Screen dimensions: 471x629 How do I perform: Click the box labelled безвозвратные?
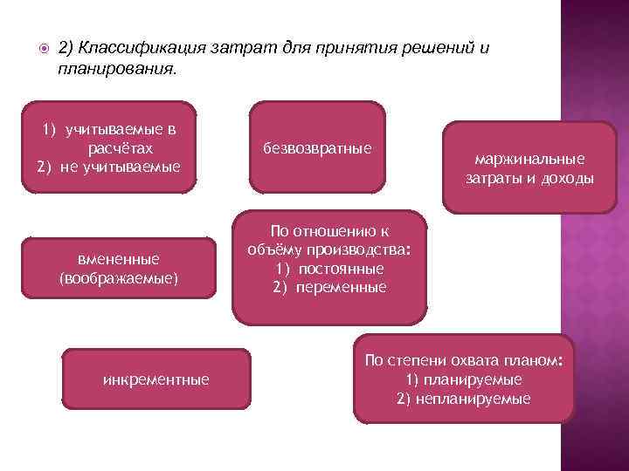[x=317, y=149]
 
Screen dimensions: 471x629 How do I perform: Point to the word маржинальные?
[x=529, y=160]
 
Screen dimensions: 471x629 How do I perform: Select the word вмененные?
[x=119, y=260]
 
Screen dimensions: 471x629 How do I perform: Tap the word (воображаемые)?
[x=119, y=279]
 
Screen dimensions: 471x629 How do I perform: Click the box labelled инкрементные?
[x=156, y=379]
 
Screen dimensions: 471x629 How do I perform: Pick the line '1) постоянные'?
[x=329, y=269]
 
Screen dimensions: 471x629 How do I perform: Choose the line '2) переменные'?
[x=329, y=287]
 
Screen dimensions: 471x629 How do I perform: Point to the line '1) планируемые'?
[x=464, y=379]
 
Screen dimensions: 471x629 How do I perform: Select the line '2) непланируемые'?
[x=464, y=399]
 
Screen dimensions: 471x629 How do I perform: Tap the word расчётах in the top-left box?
[x=119, y=148]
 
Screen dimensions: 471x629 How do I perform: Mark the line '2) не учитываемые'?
[x=108, y=167]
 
